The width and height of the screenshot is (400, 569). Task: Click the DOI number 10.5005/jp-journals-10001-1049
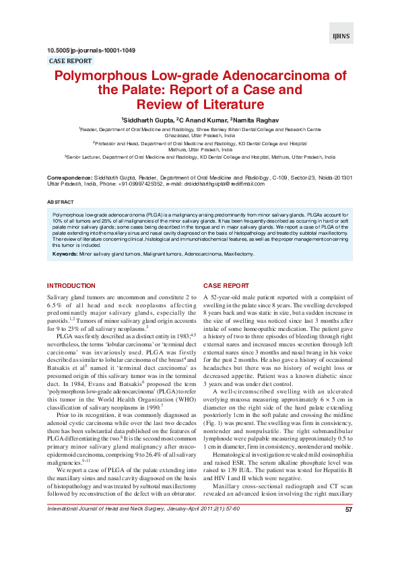coord(91,50)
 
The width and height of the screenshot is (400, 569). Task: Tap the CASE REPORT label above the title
coord(71,61)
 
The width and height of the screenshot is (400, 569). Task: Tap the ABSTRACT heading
coord(61,202)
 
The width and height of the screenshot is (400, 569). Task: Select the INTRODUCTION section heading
coord(71,286)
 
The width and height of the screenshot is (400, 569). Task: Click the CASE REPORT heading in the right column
coord(226,286)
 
